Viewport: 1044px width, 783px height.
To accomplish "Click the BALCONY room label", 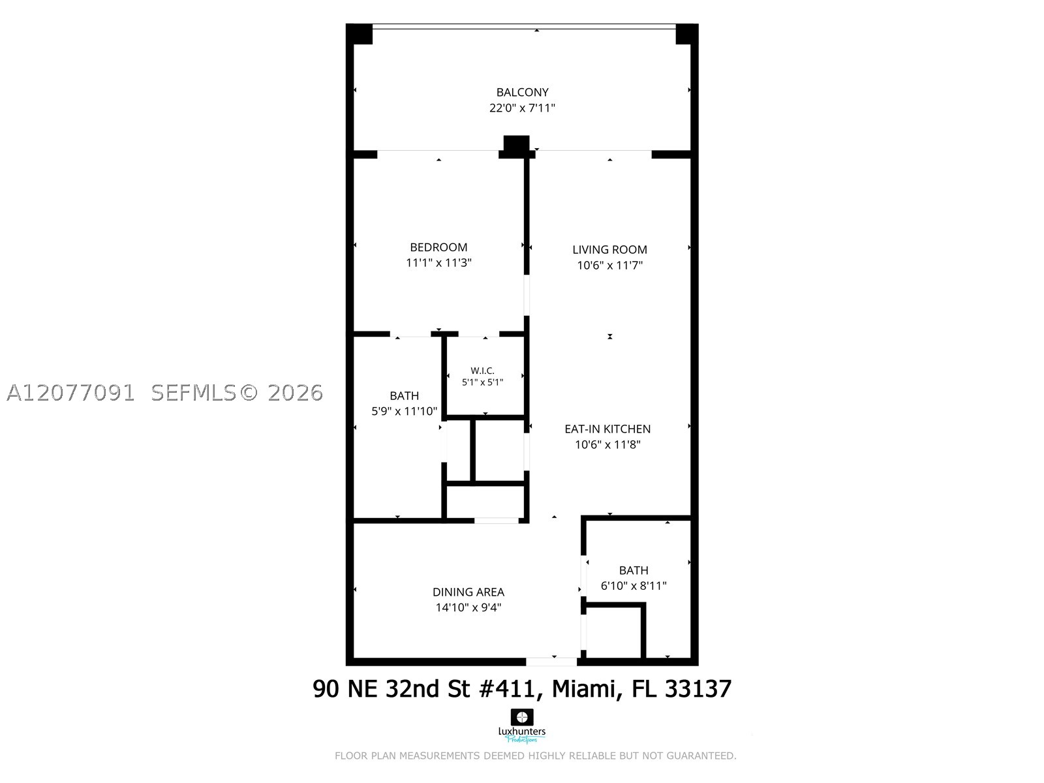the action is (522, 92).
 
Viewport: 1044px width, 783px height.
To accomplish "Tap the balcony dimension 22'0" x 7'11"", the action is (522, 108).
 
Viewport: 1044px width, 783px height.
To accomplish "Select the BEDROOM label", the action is (438, 247).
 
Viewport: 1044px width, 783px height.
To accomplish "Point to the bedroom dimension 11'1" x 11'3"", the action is (438, 263).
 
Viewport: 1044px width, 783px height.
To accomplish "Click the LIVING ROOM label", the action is (609, 250).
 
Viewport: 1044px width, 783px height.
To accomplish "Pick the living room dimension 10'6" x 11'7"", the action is (609, 266).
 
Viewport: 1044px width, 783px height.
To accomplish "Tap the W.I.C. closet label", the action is (482, 371).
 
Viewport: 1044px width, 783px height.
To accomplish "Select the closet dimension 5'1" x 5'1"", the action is (482, 382).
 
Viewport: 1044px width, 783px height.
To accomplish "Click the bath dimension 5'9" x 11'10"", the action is (405, 411).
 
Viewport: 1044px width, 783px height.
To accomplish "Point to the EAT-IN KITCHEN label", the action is (607, 429).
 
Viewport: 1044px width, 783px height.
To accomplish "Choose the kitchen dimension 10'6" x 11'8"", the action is (608, 444).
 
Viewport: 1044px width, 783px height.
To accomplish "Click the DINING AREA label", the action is (468, 592).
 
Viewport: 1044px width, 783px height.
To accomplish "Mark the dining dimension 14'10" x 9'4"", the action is (468, 607).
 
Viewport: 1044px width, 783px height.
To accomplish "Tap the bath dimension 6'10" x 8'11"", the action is (634, 586).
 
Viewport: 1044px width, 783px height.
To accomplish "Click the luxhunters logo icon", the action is (522, 717).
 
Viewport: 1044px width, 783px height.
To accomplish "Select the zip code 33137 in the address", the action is (698, 689).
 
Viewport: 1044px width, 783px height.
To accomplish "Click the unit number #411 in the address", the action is (510, 689).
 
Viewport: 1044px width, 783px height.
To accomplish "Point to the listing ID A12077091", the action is (70, 393).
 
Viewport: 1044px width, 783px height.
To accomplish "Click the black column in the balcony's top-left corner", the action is (359, 34).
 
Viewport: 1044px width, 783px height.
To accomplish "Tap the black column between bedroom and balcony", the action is (517, 146).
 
